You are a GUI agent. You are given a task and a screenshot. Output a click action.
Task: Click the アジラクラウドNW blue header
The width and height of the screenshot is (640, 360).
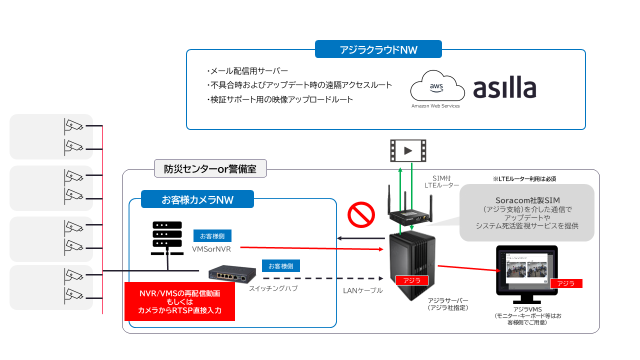(378, 49)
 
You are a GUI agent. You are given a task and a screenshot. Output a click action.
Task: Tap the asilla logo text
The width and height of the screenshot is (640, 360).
(504, 89)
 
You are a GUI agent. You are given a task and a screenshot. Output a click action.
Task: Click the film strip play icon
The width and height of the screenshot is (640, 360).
(408, 150)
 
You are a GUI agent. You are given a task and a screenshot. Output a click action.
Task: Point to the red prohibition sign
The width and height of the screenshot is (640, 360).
(361, 215)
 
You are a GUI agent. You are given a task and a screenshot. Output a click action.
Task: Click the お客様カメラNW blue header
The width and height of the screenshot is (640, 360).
(197, 199)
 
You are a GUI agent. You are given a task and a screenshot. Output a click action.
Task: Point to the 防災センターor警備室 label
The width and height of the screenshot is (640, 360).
(210, 169)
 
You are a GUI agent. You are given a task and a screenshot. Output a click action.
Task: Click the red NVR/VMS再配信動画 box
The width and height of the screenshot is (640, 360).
(179, 301)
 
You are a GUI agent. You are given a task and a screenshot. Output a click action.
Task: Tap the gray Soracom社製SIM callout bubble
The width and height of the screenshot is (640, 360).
(527, 213)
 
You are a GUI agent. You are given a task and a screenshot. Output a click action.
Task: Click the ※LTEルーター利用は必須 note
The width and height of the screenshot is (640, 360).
(524, 178)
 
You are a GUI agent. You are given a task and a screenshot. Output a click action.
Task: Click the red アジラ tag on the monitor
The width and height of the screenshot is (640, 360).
(566, 283)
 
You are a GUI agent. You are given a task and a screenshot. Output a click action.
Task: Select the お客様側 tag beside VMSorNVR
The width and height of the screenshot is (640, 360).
(212, 235)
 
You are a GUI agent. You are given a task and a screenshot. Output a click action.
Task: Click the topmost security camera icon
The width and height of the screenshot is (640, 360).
(74, 126)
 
